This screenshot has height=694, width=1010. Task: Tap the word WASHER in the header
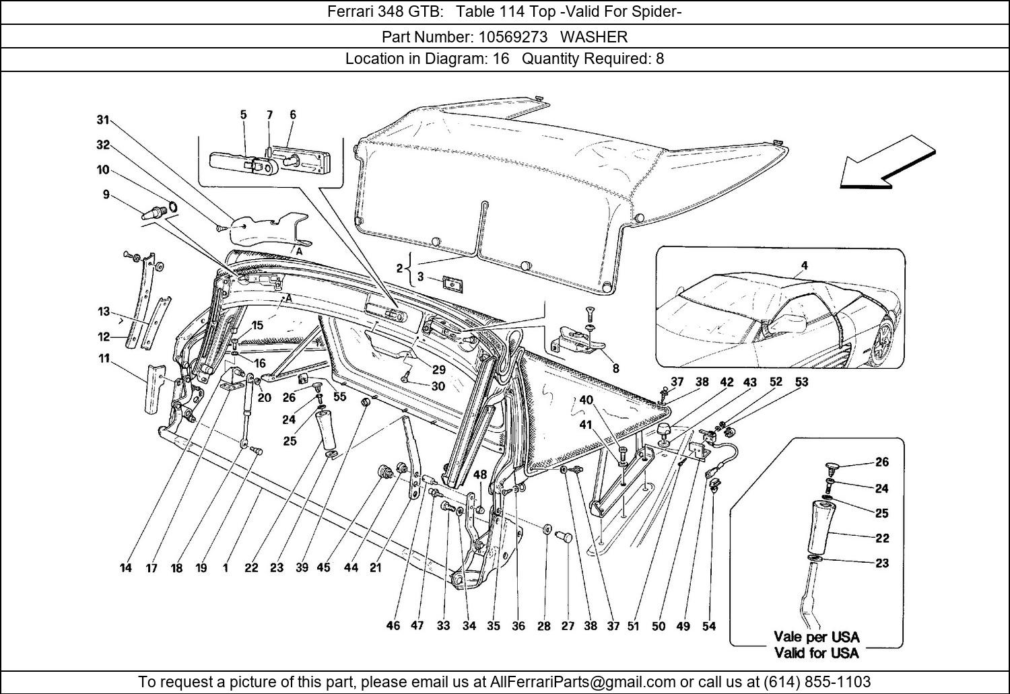click(594, 36)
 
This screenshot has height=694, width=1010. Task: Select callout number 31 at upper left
click(102, 120)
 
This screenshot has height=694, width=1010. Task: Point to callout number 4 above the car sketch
click(804, 266)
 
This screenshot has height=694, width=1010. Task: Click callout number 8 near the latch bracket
click(615, 368)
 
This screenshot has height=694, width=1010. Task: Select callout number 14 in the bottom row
click(126, 568)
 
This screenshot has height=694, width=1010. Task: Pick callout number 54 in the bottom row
click(709, 626)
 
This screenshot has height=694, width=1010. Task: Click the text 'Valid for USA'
click(816, 652)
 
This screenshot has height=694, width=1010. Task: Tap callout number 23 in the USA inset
click(882, 563)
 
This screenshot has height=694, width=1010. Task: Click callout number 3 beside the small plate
click(421, 277)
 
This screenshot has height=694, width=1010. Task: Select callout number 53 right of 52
click(801, 382)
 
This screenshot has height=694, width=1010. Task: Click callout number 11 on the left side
click(104, 359)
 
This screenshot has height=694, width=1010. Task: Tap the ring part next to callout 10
click(172, 207)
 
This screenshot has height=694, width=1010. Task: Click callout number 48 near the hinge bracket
click(479, 475)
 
